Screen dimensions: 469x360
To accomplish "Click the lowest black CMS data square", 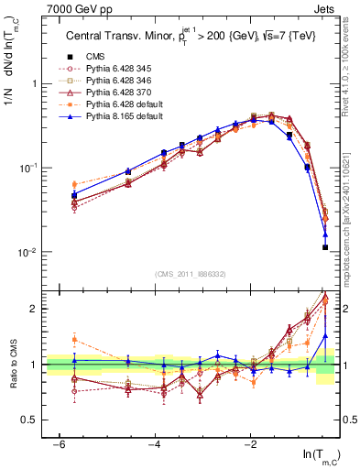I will [x=325, y=247].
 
